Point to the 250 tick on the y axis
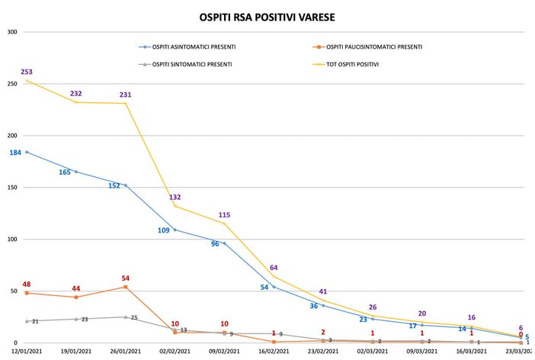(12, 84)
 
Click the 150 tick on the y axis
(12, 188)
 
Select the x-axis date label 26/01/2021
(125, 351)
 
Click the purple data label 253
(27, 72)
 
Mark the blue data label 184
(15, 153)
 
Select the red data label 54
(126, 278)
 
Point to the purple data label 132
(175, 197)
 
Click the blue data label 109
(164, 230)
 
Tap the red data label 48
(27, 284)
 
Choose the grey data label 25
(134, 317)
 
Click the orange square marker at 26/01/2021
(126, 287)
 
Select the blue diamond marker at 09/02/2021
(224, 243)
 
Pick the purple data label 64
(274, 267)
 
